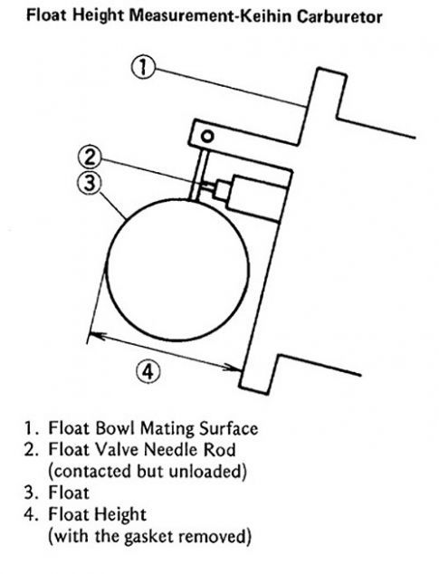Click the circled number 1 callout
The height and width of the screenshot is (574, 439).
pyautogui.click(x=143, y=68)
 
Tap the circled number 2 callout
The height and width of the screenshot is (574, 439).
pyautogui.click(x=90, y=158)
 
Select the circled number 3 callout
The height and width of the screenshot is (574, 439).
pyautogui.click(x=90, y=183)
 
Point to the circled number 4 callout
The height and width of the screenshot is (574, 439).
pyautogui.click(x=148, y=372)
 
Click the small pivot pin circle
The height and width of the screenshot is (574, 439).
pyautogui.click(x=207, y=136)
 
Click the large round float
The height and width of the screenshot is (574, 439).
pyautogui.click(x=177, y=270)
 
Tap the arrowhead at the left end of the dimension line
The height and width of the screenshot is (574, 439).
pyautogui.click(x=96, y=335)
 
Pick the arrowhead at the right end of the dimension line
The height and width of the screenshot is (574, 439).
pyautogui.click(x=232, y=368)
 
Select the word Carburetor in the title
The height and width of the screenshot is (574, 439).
pyautogui.click(x=339, y=16)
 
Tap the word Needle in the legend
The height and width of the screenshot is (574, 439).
pyautogui.click(x=171, y=450)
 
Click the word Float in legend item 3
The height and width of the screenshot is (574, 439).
pyautogui.click(x=69, y=493)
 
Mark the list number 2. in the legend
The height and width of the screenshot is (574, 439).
pyautogui.click(x=32, y=450)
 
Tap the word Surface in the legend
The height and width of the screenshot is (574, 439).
pyautogui.click(x=228, y=428)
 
